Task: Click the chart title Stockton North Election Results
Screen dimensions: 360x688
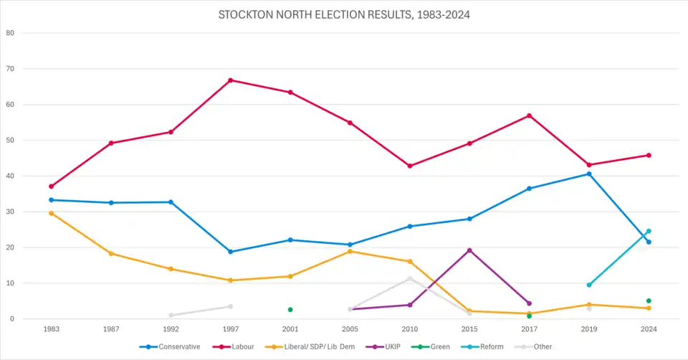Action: click(x=344, y=14)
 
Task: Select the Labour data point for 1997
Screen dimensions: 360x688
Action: click(x=231, y=80)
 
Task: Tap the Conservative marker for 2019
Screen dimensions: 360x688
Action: click(x=589, y=174)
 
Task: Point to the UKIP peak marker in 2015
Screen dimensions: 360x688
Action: click(x=469, y=250)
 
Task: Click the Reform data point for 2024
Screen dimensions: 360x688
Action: click(x=649, y=231)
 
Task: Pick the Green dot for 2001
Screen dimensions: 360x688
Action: click(x=290, y=310)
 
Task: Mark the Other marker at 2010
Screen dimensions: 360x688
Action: click(x=410, y=278)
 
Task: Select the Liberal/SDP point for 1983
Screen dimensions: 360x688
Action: click(x=52, y=213)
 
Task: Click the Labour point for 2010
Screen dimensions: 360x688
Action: click(x=410, y=166)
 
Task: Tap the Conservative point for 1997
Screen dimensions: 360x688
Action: click(x=231, y=252)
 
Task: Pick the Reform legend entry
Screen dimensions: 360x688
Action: click(x=487, y=347)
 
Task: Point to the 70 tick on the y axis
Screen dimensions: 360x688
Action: click(x=10, y=69)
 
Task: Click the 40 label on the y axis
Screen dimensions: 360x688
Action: click(x=10, y=176)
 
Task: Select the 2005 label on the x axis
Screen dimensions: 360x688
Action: click(x=350, y=329)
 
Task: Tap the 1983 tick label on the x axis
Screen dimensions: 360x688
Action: click(x=52, y=329)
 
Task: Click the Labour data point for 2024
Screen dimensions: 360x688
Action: click(x=649, y=155)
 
